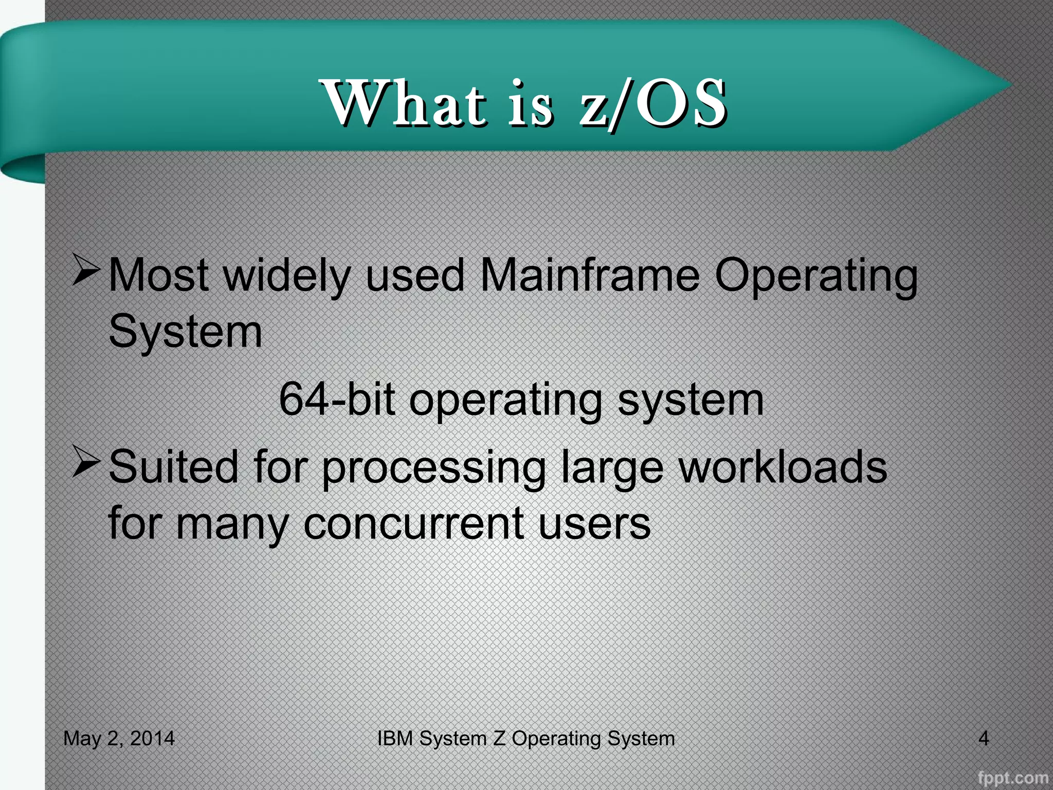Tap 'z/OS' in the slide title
tap(653, 103)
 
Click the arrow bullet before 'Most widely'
tap(85, 270)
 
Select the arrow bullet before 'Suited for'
tap(85, 461)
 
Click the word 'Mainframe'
tap(589, 276)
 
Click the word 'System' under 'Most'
tap(186, 332)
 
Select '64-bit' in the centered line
tap(337, 400)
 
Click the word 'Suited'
tap(174, 466)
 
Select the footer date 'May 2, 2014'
tap(119, 739)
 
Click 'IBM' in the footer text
tap(395, 739)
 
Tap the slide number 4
tap(983, 739)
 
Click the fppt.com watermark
tap(1012, 778)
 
